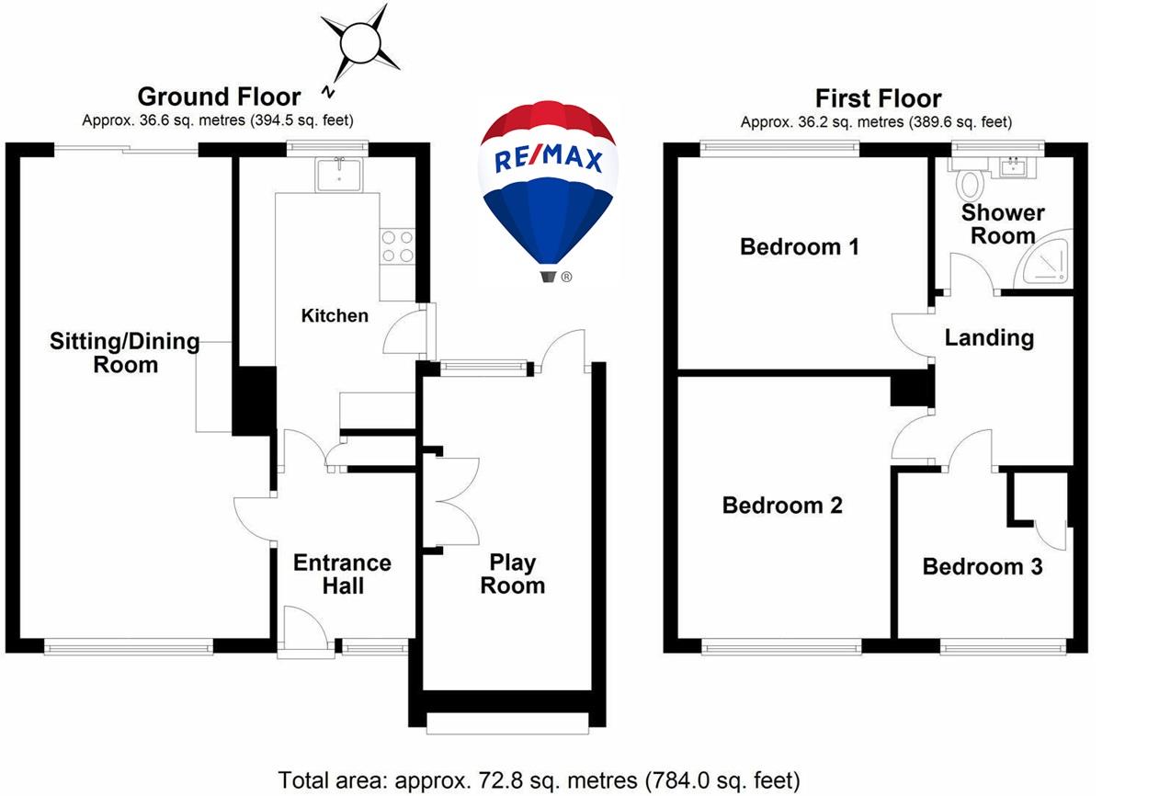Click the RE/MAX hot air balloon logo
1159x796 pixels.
coord(549,188)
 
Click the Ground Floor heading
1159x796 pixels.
coord(219,97)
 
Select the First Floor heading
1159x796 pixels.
coord(878,98)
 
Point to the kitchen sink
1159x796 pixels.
coord(340,174)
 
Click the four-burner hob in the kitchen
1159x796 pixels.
coord(396,245)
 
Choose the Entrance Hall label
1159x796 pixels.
coord(342,574)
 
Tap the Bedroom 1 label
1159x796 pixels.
coord(800,246)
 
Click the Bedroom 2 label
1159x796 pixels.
coord(782,506)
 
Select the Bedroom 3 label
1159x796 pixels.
coord(982,566)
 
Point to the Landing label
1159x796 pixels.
coord(989,337)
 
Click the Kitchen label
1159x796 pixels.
coord(335,315)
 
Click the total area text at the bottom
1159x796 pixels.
coord(540,780)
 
